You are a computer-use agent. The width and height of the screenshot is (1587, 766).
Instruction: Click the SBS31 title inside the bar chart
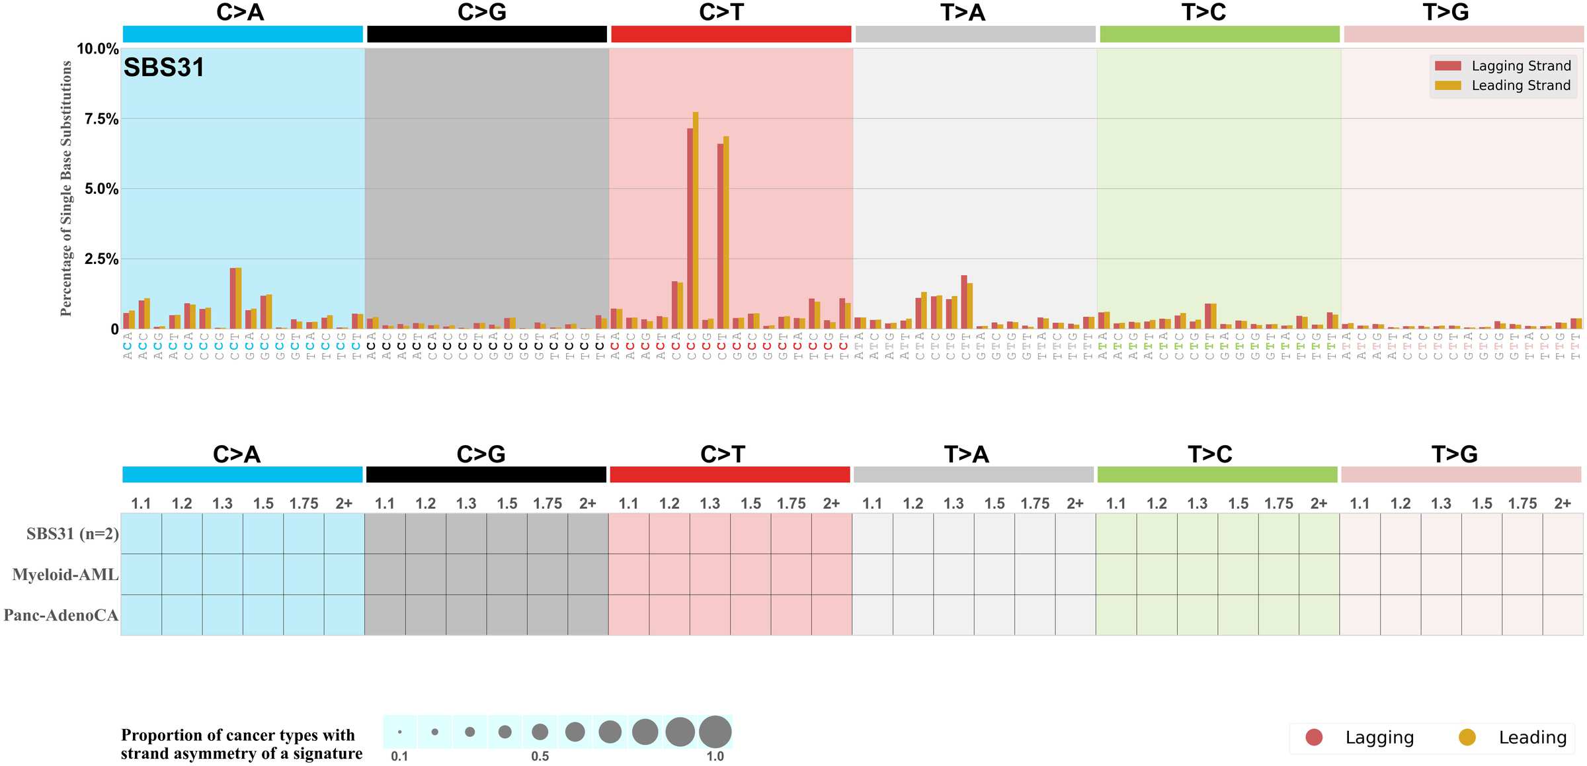point(163,67)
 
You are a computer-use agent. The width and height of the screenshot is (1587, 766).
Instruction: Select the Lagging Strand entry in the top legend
point(1521,66)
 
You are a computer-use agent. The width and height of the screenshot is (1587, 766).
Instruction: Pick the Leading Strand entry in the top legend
point(1521,85)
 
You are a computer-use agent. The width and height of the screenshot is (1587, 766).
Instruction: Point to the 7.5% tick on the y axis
point(101,119)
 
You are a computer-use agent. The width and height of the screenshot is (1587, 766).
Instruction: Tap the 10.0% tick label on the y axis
point(97,49)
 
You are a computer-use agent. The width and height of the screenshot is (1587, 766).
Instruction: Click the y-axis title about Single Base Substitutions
point(66,189)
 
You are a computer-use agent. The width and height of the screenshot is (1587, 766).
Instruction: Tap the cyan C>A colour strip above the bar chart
point(243,34)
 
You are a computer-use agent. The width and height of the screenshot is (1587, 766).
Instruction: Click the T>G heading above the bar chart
point(1445,12)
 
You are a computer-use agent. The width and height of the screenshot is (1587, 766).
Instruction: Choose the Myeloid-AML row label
point(65,575)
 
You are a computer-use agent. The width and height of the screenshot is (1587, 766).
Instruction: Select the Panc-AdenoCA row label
point(61,615)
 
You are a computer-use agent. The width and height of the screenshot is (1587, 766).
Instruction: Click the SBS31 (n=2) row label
point(73,534)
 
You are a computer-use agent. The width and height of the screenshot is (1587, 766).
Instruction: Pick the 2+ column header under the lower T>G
point(1563,503)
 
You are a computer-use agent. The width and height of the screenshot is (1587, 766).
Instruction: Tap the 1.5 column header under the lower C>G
point(507,503)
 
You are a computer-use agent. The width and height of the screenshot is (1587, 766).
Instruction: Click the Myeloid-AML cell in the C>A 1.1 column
point(141,574)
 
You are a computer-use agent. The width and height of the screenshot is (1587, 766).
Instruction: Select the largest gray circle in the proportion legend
point(715,732)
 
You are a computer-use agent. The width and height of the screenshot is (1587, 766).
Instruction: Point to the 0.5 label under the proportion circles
point(540,756)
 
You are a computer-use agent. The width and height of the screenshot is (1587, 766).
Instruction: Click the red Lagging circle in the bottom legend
point(1314,738)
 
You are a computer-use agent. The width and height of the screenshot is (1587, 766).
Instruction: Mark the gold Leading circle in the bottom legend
point(1467,738)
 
